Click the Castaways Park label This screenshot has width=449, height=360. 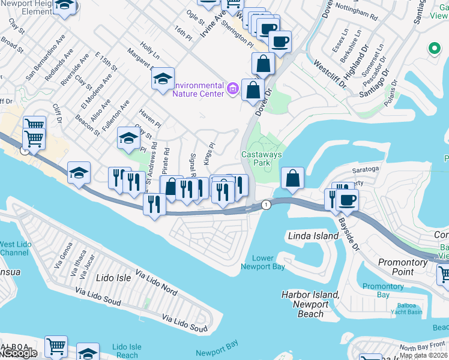261,158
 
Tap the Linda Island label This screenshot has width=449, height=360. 313,236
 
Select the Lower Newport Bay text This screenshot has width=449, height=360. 263,262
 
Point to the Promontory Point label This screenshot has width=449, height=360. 402,267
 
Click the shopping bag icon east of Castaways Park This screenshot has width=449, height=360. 292,178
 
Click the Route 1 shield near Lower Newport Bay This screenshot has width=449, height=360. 265,205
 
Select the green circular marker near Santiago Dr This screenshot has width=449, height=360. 432,49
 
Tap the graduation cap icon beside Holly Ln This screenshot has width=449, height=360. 163,79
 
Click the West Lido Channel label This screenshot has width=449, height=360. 16,248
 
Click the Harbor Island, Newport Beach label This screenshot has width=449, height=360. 310,304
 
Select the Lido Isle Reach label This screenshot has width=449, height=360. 127,351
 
